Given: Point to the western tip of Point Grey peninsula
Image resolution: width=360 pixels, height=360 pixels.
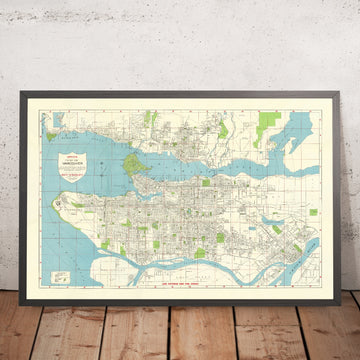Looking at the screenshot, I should [x=73, y=201].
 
